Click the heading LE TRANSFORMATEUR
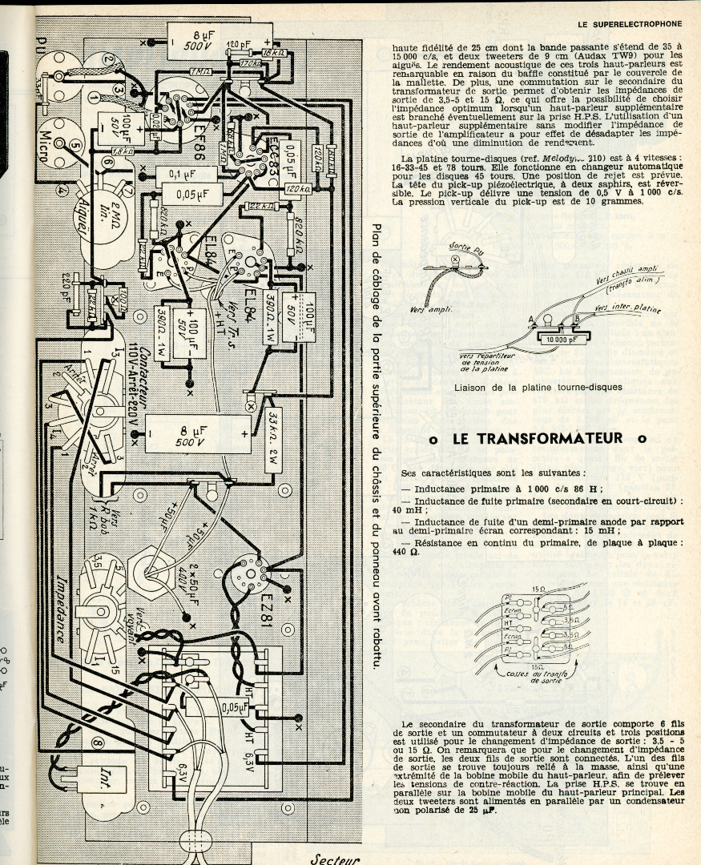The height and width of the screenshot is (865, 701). point(538,438)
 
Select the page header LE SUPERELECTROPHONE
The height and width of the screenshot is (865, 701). point(629,23)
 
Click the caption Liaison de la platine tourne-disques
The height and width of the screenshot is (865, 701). point(538,388)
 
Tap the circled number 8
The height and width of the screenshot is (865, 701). point(98,744)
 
